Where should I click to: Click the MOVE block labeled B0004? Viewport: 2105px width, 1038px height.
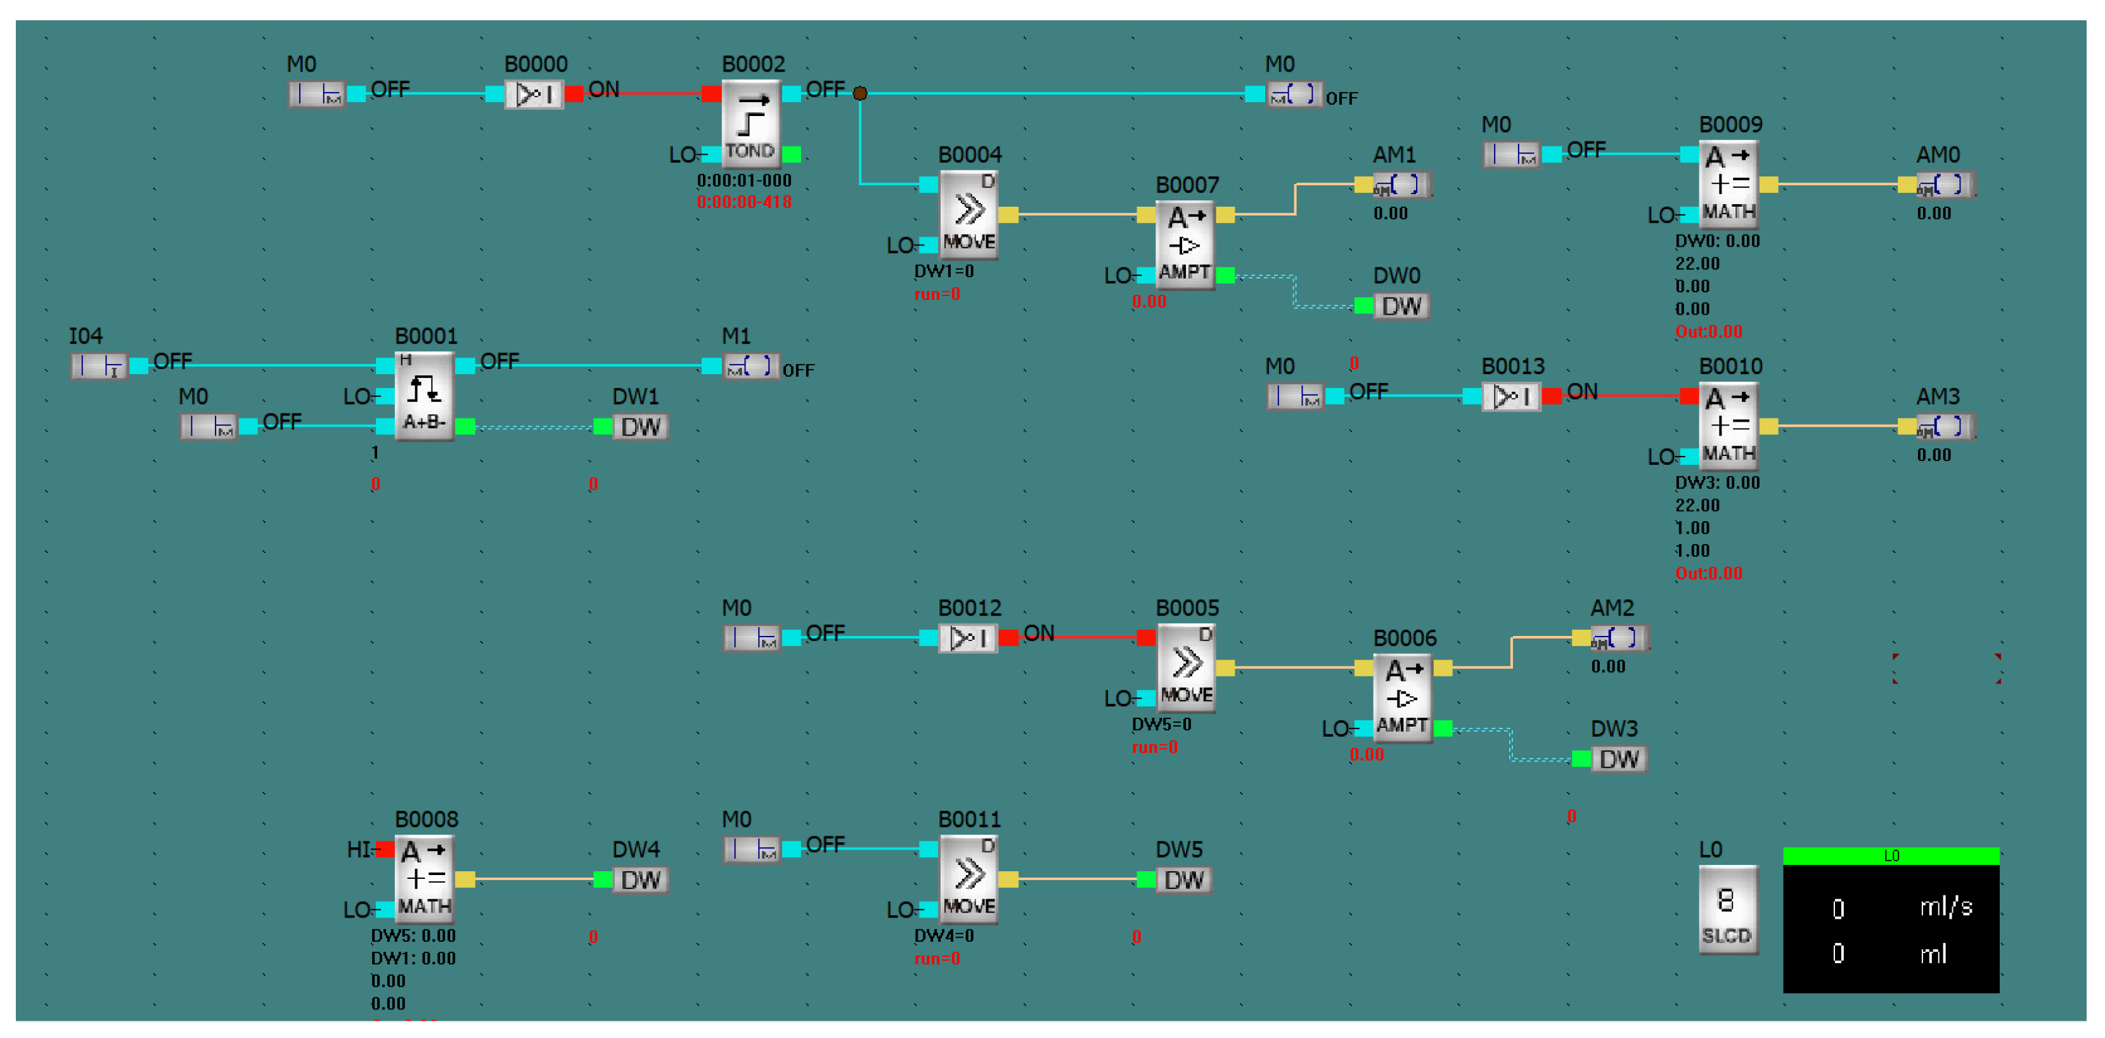click(969, 214)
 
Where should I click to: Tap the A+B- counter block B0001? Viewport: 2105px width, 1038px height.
click(424, 396)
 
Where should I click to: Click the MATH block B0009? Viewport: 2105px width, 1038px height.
click(1728, 184)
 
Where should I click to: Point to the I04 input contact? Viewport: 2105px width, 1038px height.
click(99, 366)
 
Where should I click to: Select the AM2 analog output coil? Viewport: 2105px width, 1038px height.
click(1619, 637)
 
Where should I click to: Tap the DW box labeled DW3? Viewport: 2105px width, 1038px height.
click(1618, 759)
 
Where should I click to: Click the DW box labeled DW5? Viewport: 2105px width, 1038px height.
click(1183, 880)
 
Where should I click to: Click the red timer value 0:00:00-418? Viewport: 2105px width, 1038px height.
click(744, 202)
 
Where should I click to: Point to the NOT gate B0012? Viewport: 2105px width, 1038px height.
click(969, 637)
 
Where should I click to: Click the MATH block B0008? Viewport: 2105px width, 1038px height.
click(424, 879)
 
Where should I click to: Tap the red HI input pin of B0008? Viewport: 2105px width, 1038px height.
click(384, 850)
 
